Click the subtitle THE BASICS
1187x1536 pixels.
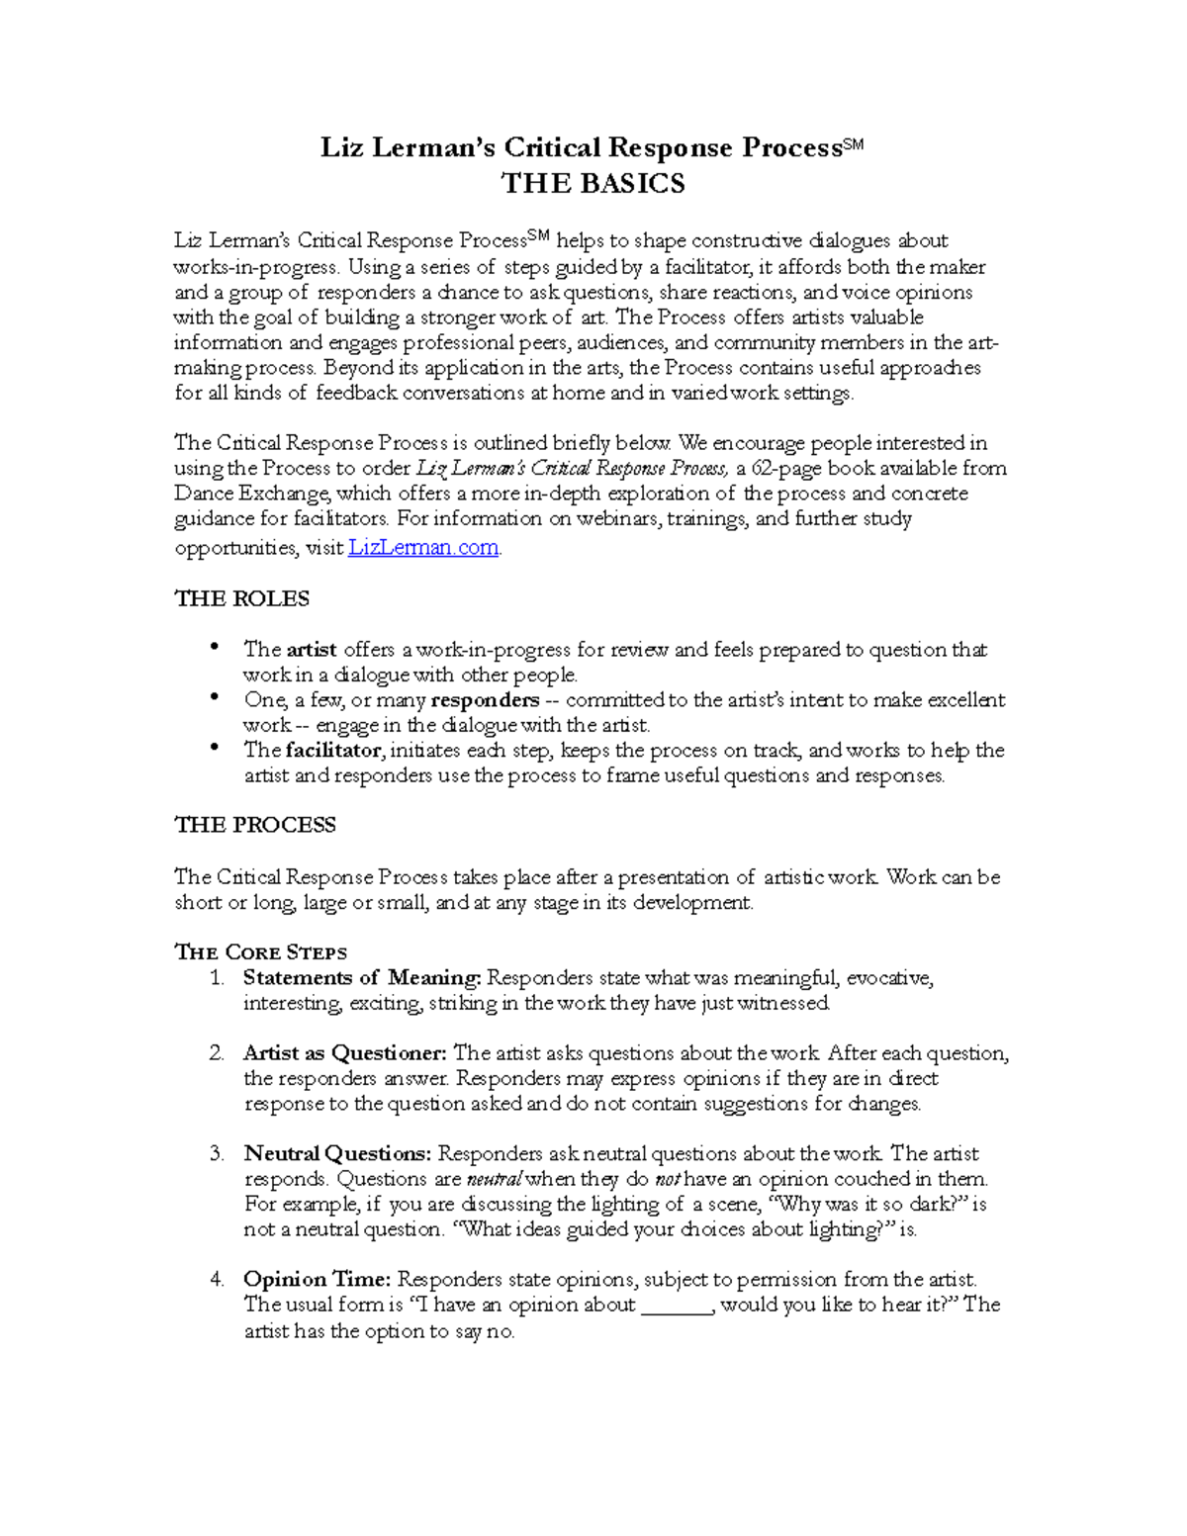click(593, 184)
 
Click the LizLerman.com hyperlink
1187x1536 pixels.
click(424, 548)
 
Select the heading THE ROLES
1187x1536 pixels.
click(241, 599)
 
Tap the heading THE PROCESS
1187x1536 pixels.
click(255, 825)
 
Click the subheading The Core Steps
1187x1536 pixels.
click(260, 952)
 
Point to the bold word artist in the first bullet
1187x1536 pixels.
click(312, 650)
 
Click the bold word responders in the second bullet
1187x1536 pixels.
click(485, 700)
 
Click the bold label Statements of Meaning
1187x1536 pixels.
click(362, 978)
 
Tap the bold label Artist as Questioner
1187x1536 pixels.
click(345, 1053)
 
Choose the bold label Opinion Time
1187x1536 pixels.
click(318, 1280)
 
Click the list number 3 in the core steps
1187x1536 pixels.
click(217, 1154)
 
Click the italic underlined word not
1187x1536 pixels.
click(669, 1180)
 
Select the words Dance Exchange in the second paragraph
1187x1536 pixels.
click(254, 494)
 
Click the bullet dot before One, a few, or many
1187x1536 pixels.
click(214, 697)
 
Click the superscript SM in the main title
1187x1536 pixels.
click(853, 144)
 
